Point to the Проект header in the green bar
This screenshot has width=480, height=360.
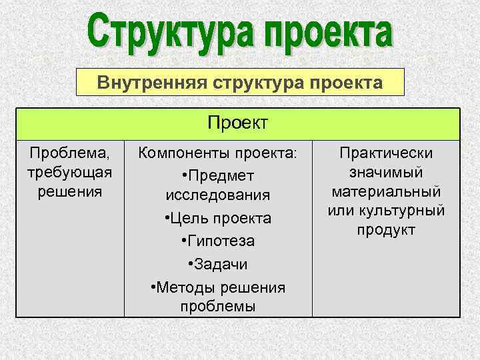[238, 123]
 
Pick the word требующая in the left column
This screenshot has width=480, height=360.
[69, 172]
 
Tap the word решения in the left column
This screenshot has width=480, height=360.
[69, 191]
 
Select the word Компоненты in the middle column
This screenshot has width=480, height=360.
[183, 153]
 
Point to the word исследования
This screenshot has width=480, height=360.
[218, 195]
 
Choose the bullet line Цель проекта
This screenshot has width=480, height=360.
[218, 218]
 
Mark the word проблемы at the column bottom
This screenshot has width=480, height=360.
[218, 306]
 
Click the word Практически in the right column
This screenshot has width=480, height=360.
[387, 153]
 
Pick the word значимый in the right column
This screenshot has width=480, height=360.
[387, 172]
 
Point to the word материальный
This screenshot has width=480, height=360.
[387, 191]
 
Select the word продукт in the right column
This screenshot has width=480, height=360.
[387, 230]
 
